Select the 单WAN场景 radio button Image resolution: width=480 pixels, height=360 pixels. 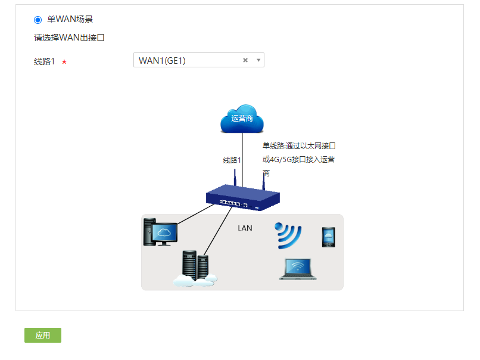pyautogui.click(x=38, y=20)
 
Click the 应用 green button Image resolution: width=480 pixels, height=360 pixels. pyautogui.click(x=43, y=336)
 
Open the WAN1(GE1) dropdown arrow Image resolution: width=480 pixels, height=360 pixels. pyautogui.click(x=258, y=60)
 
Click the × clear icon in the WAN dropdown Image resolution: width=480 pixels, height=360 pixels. pyautogui.click(x=245, y=60)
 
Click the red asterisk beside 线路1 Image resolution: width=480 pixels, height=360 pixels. pyautogui.click(x=64, y=62)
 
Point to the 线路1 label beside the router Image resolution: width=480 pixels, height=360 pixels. pyautogui.click(x=232, y=160)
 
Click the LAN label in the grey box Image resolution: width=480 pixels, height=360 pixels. pyautogui.click(x=245, y=228)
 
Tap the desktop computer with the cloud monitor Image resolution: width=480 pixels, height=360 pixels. pyautogui.click(x=160, y=232)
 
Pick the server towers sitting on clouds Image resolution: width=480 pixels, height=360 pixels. pyautogui.click(x=195, y=269)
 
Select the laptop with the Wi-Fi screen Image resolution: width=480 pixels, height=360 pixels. pyautogui.click(x=298, y=269)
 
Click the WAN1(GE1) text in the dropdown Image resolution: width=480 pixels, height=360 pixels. pyautogui.click(x=162, y=60)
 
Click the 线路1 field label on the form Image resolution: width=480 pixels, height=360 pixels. pyautogui.click(x=45, y=61)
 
